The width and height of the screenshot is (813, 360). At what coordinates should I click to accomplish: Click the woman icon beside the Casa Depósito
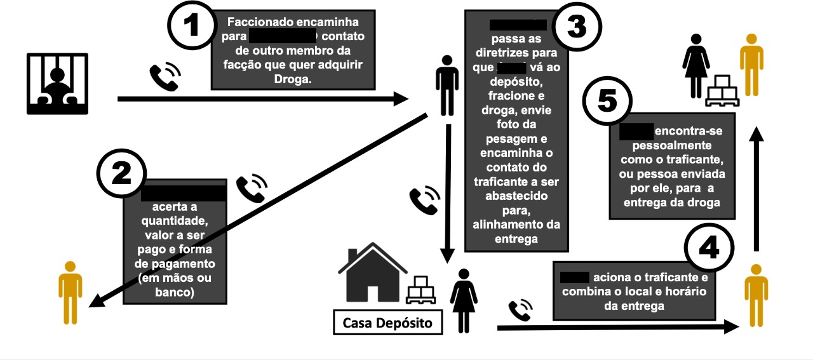click(464, 299)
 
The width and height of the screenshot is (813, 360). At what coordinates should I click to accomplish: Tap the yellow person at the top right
click(751, 63)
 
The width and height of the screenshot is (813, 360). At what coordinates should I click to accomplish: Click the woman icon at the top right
click(695, 63)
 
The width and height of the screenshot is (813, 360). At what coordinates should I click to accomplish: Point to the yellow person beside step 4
click(756, 295)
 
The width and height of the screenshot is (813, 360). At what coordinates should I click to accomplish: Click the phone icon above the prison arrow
click(165, 78)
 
